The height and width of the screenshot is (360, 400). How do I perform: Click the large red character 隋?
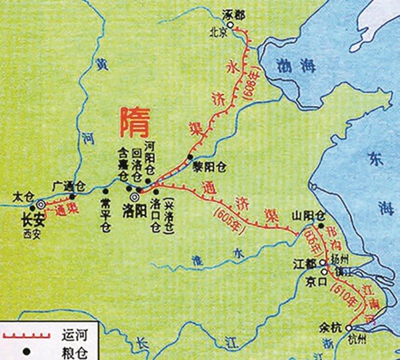coord(133,123)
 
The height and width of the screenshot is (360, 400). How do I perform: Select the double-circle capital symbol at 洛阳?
coord(135,197)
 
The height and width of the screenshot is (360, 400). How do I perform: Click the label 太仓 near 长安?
coord(23,197)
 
